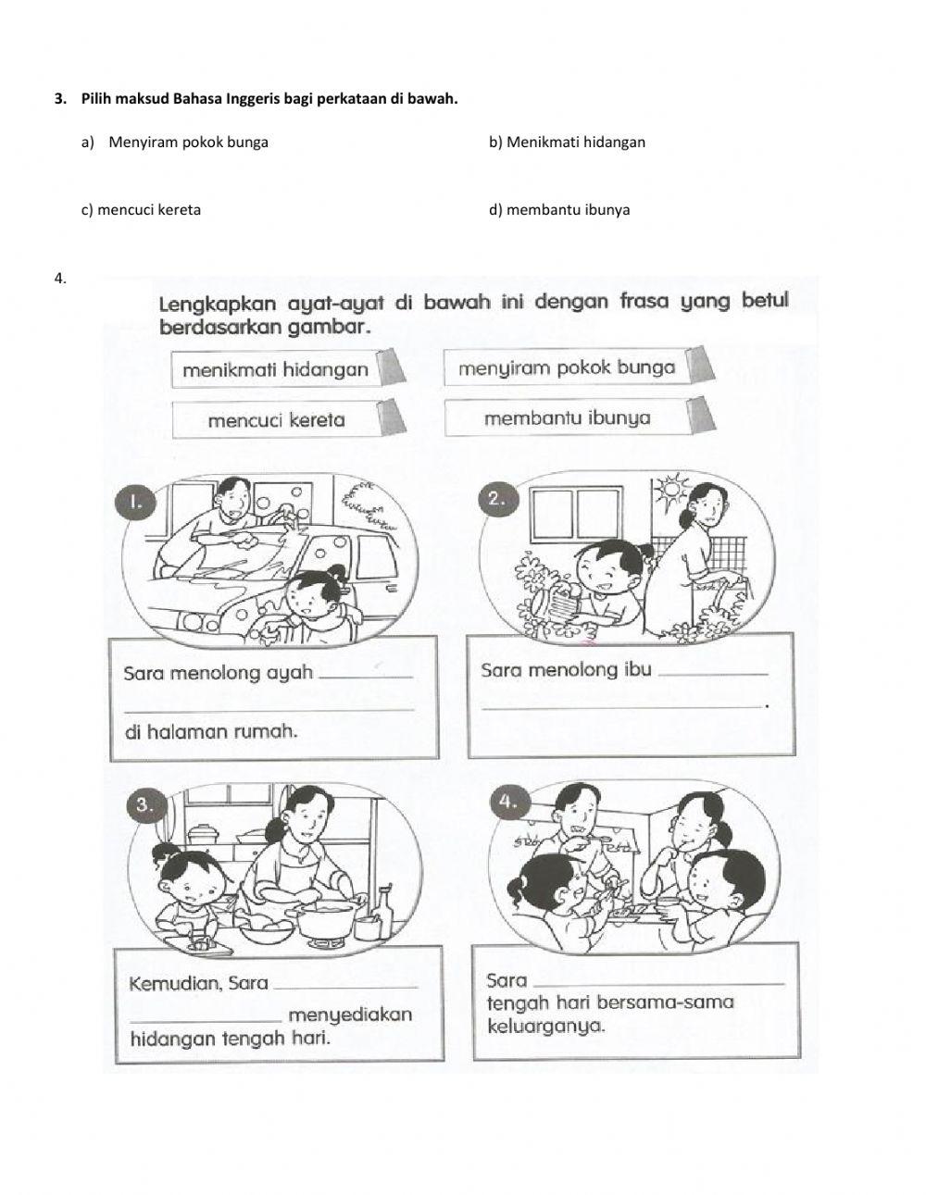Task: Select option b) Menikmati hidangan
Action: click(x=567, y=143)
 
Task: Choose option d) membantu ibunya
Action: click(x=559, y=210)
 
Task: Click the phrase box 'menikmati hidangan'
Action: click(x=275, y=370)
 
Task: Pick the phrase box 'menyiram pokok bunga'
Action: click(x=566, y=367)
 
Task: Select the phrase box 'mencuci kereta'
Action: click(x=276, y=420)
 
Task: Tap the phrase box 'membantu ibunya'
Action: click(x=567, y=418)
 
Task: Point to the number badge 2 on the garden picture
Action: click(x=496, y=499)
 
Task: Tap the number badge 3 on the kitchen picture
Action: click(x=144, y=805)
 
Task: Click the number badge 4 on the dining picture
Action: click(x=508, y=803)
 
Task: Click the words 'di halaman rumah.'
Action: click(x=211, y=731)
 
